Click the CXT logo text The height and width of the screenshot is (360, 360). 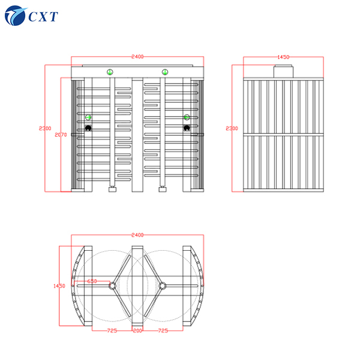click(x=43, y=17)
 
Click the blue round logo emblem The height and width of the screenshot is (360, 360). click(x=15, y=16)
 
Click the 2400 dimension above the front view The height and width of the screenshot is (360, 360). click(x=137, y=56)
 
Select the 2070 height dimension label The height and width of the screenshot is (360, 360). click(x=61, y=135)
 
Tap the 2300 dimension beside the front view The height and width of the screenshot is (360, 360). click(x=45, y=128)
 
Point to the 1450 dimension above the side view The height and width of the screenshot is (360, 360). click(x=283, y=57)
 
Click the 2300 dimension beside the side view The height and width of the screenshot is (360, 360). click(x=232, y=128)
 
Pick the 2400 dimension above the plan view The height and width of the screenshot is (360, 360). click(x=137, y=235)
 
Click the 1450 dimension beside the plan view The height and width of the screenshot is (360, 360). click(x=59, y=286)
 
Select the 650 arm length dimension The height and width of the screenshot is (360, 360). click(x=92, y=281)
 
